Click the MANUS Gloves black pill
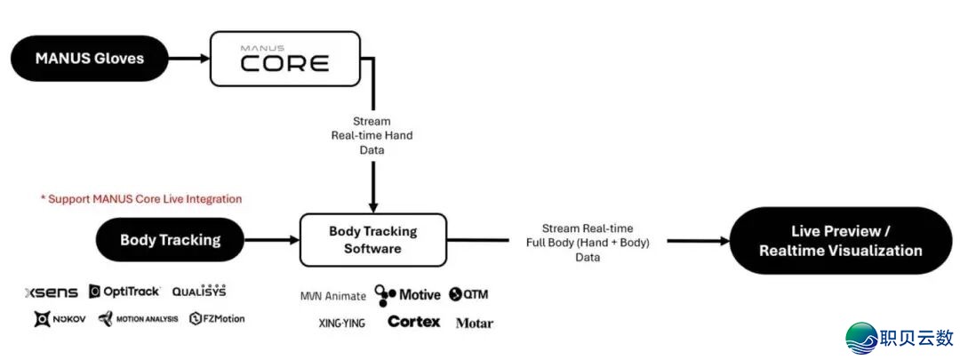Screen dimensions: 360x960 89,59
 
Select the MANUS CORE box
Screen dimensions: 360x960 284,59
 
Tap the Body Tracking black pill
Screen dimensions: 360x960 170,240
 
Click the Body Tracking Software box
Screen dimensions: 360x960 372,240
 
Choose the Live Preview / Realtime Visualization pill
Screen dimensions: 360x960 840,240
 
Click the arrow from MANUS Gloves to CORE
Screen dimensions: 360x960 188,59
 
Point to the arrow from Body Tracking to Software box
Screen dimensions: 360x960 271,240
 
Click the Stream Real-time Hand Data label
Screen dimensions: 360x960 372,136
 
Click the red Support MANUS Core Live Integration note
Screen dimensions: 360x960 141,198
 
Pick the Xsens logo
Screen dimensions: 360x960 51,292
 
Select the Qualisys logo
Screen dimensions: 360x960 199,291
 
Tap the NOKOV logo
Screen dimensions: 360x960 60,319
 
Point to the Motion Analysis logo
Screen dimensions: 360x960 138,319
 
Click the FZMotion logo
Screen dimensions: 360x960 217,319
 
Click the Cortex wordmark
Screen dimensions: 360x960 413,322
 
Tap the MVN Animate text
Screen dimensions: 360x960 332,296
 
